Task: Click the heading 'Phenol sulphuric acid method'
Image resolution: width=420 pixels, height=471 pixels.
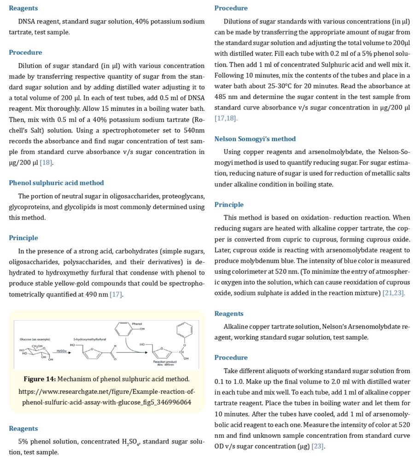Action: [x=56, y=183]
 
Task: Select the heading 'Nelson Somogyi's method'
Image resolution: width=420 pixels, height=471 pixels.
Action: [x=255, y=138]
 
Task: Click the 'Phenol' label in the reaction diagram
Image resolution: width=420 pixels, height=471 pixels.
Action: [x=137, y=324]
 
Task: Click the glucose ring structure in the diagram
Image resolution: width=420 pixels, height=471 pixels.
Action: [x=33, y=351]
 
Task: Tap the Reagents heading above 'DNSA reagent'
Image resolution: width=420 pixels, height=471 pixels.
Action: [x=23, y=8]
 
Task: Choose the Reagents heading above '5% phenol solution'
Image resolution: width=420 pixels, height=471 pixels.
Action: [x=23, y=428]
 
